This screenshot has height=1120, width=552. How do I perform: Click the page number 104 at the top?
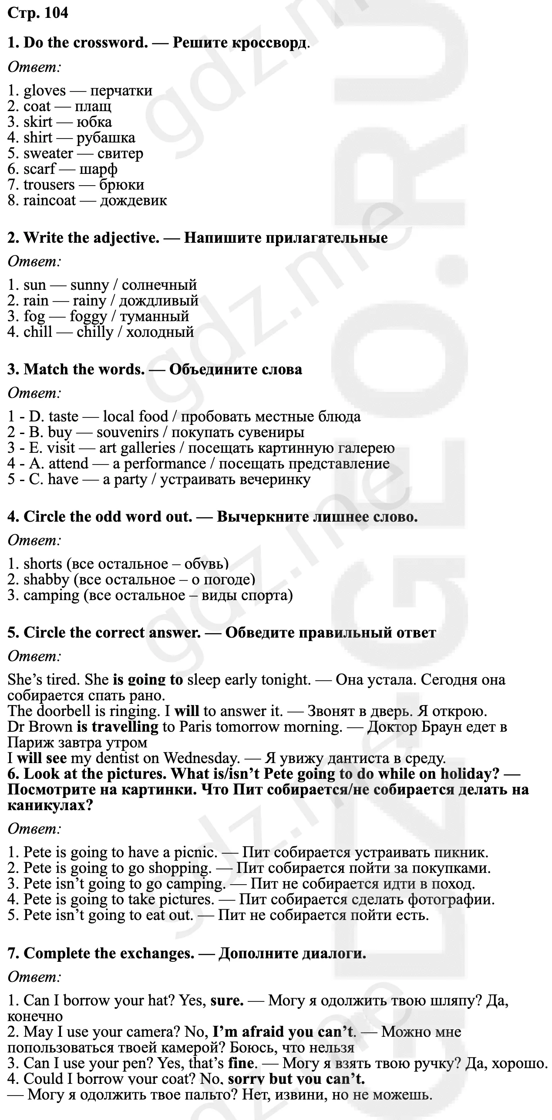coord(56,13)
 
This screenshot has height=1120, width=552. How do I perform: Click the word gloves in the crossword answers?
coord(44,91)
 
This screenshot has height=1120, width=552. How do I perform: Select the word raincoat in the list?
coord(49,200)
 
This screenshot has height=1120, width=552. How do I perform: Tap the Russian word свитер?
coord(120,153)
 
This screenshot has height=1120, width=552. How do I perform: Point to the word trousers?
coord(49,185)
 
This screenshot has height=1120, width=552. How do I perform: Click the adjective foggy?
coord(88,316)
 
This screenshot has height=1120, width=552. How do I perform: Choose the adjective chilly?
coord(95,332)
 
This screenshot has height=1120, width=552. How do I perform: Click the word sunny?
coord(89,285)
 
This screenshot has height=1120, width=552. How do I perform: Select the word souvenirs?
coord(128,432)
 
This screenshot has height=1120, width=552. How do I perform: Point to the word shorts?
coord(43,564)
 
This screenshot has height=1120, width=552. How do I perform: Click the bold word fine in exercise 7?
coord(240,1063)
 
